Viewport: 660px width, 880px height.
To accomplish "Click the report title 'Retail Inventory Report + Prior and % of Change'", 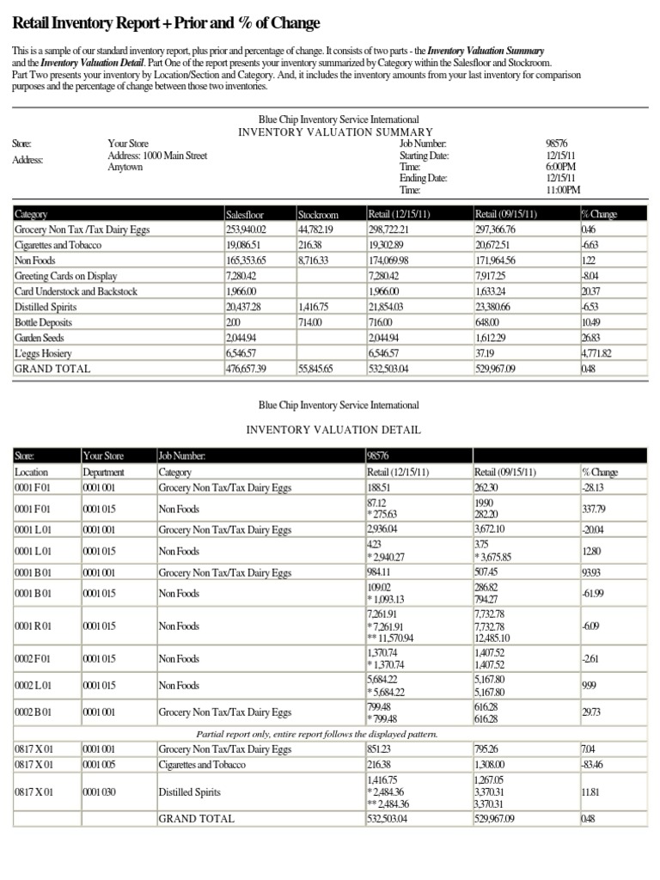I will coord(166,23).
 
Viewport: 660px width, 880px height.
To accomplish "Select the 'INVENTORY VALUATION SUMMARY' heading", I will coord(335,132).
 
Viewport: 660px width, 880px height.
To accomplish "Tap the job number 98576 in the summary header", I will coord(557,144).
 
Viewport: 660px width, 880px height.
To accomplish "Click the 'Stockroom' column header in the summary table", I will coord(318,214).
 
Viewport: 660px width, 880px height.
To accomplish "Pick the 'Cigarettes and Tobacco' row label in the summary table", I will coord(58,245).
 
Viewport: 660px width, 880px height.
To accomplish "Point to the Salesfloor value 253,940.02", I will coord(246,229).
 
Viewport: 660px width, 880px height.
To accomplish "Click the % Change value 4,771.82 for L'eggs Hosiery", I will coord(596,353).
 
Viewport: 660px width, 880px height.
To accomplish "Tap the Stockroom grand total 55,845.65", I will coord(315,369).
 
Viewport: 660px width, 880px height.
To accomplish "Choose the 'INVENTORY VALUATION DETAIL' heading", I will coord(335,430).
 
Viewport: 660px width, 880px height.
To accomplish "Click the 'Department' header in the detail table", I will coord(104,472).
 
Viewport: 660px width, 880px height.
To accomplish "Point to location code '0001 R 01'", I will coord(34,626).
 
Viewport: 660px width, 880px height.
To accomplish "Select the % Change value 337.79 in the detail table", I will coord(594,509).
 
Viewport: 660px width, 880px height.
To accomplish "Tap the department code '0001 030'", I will coord(100,792).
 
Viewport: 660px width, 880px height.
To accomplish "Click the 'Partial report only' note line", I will coord(317,734).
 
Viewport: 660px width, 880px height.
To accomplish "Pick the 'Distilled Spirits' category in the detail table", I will coord(190,792).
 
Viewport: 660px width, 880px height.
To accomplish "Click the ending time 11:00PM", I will coord(563,190).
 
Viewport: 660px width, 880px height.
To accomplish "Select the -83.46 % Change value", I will coord(592,764).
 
